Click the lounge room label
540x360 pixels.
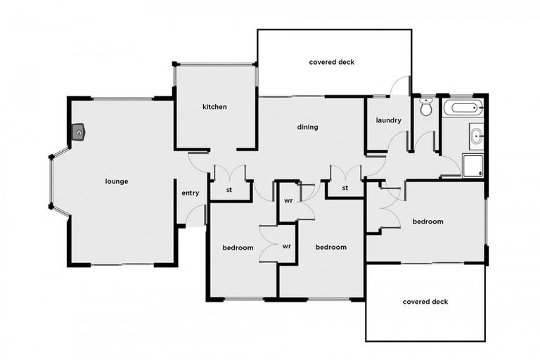pos(117,181)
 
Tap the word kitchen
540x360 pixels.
pos(214,107)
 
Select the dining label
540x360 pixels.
pos(307,127)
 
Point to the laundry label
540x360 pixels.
pos(388,120)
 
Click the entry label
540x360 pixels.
pos(190,193)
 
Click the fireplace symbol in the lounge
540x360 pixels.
pos(78,131)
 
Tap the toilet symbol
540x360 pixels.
pos(425,108)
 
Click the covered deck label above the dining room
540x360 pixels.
pos(332,62)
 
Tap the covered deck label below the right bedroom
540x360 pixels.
pos(425,302)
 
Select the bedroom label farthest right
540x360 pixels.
pos(427,221)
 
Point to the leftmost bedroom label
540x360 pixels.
pos(238,247)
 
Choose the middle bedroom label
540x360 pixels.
pos(330,247)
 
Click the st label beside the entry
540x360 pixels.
pos(229,190)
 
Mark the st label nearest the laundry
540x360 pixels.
pos(345,188)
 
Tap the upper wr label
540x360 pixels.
pos(288,200)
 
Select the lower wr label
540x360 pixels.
pos(287,247)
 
